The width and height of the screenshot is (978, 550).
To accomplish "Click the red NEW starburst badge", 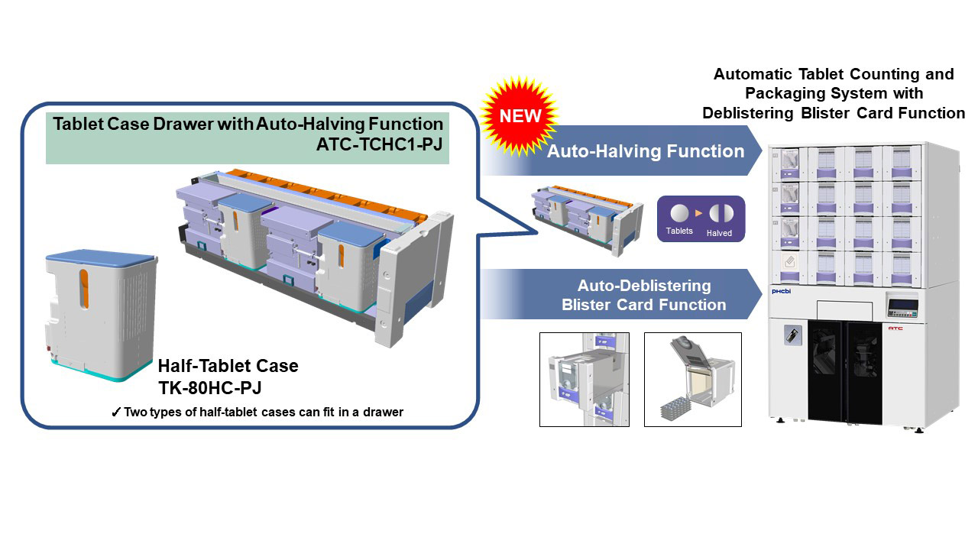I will (520, 115).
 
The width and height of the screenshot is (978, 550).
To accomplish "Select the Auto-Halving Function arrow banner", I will (646, 151).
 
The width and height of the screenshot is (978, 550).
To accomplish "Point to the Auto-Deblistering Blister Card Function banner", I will (643, 295).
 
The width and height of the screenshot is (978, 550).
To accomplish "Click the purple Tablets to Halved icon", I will (701, 219).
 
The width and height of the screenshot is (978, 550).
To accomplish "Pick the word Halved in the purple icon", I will (719, 233).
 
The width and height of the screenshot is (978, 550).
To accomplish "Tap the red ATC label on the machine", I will (895, 328).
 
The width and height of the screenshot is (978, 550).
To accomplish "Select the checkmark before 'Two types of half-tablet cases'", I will (115, 412).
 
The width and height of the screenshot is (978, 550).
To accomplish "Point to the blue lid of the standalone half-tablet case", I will (101, 259).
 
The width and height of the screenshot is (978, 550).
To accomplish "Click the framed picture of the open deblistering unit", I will (692, 379).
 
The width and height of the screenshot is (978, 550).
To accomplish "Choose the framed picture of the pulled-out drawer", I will (585, 379).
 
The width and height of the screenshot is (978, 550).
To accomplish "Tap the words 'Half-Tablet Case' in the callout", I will (228, 366).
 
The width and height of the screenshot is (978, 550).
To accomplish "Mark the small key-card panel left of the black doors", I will (792, 335).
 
